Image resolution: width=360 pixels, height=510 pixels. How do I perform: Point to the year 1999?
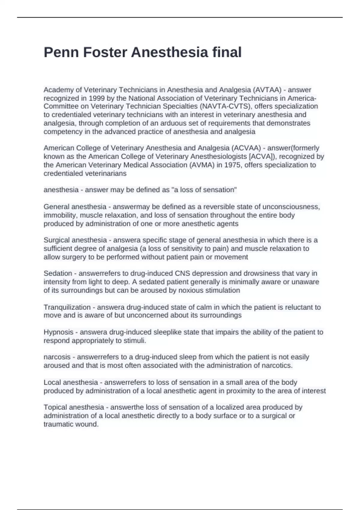click(96, 98)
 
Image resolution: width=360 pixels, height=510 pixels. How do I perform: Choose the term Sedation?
click(58, 273)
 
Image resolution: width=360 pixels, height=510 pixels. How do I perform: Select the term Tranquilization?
click(67, 307)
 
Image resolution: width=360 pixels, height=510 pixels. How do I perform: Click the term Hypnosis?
click(58, 332)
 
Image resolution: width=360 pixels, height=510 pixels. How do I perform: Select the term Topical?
click(55, 407)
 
